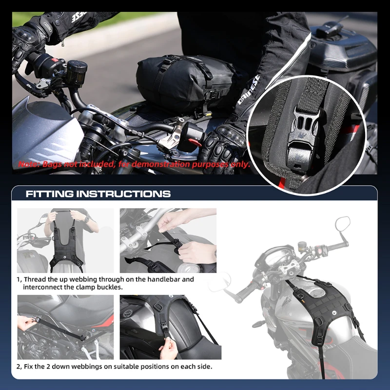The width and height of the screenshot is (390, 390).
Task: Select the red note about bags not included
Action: click(134, 164)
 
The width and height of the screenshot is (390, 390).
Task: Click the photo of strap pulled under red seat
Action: click(65, 327)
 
